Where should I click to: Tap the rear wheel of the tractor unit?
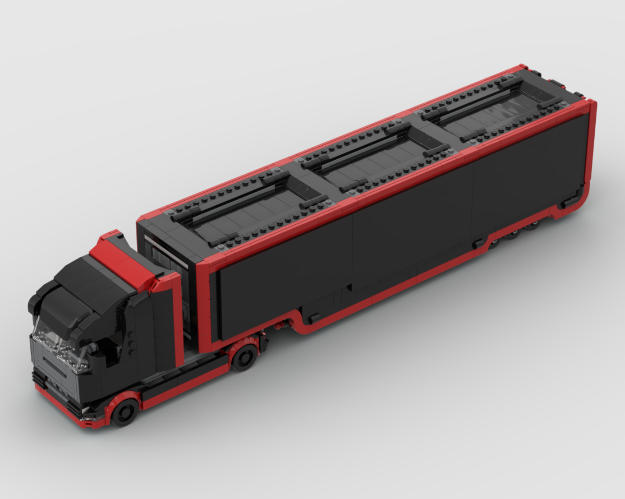[244, 357]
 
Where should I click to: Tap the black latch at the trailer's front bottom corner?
[314, 317]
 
